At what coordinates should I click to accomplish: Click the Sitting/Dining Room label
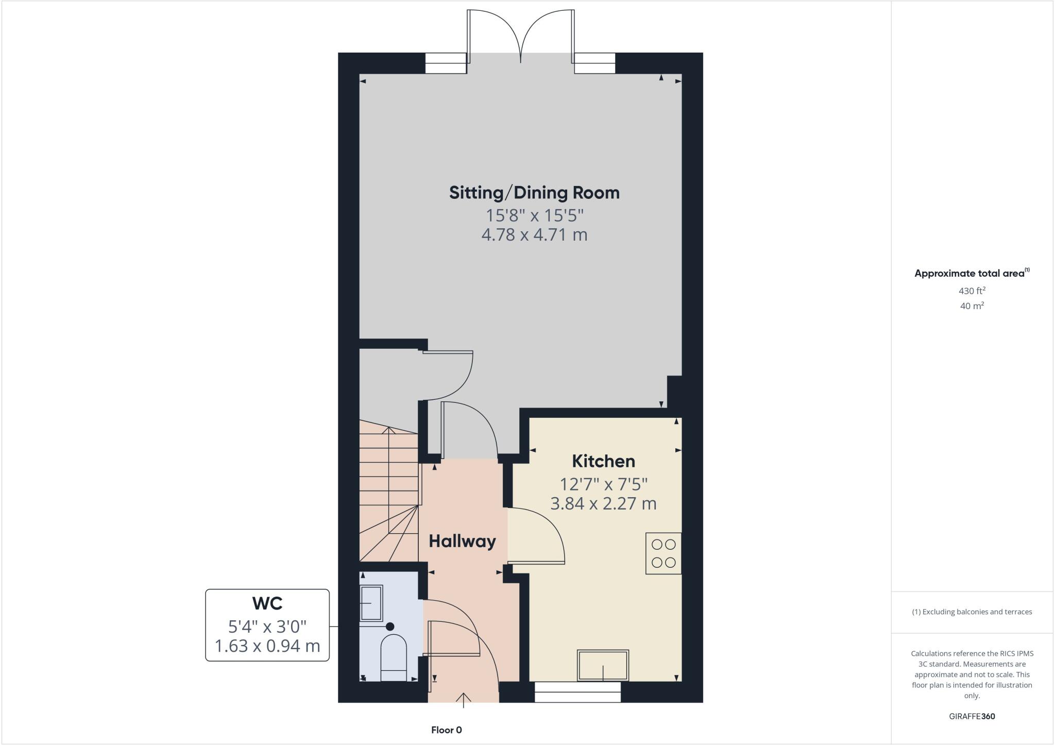[534, 193]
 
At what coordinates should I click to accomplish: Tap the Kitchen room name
[603, 461]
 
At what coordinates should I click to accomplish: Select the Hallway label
[462, 541]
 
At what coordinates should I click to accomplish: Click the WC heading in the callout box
[267, 603]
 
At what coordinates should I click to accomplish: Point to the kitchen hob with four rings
[663, 553]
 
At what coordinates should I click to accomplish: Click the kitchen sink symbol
[603, 665]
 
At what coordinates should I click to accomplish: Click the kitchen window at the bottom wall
[577, 692]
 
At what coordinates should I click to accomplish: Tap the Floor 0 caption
[446, 730]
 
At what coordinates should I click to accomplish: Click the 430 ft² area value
[972, 291]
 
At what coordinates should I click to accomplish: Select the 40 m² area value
[972, 306]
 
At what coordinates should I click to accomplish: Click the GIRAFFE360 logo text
[972, 716]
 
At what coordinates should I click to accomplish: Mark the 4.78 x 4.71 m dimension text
[534, 235]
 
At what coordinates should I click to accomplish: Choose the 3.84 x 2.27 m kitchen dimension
[603, 503]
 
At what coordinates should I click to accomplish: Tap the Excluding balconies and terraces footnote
[972, 612]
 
